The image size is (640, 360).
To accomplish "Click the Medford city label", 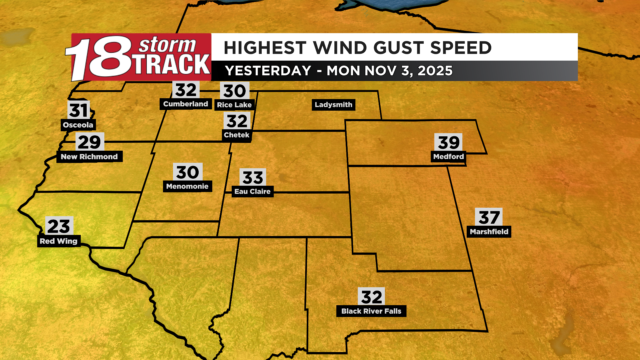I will [x=448, y=157].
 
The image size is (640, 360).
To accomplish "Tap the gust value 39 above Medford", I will [x=448, y=142].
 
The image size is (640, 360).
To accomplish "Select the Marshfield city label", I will [x=489, y=232].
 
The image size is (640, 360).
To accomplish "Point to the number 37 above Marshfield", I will [x=489, y=217].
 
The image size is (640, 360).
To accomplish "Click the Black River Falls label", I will [x=371, y=311].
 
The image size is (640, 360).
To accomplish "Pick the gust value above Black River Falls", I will [x=371, y=297].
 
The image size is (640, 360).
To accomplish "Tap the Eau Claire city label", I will [x=252, y=192].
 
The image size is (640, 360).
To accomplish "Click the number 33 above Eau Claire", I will [x=253, y=177].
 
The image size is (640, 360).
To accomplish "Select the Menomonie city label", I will [x=187, y=186].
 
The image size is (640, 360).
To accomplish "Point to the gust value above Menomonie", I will [x=187, y=172].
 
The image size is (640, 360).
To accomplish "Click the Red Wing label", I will [x=58, y=241].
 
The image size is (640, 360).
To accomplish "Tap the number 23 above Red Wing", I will [x=59, y=226].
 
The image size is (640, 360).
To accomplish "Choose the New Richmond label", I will [x=89, y=157].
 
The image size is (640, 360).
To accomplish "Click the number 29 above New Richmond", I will [x=89, y=142].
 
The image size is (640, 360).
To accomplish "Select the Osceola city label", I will [x=78, y=125].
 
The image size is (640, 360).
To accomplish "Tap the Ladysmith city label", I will [x=333, y=105].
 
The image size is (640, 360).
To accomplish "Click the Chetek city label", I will [x=236, y=135].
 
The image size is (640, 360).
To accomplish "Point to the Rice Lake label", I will [x=234, y=105].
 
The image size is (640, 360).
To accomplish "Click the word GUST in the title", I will [x=398, y=48].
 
